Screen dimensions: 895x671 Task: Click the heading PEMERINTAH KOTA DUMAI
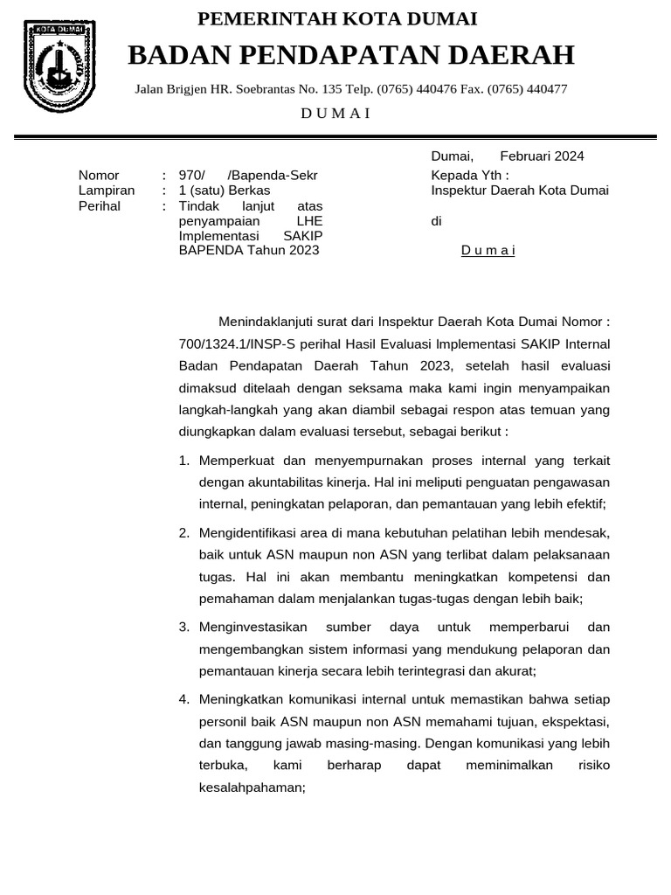[x=337, y=19]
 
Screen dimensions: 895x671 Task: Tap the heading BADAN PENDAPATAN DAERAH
[x=350, y=55]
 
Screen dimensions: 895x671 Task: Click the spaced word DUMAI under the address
[x=336, y=113]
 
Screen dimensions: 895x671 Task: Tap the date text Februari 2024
[x=542, y=156]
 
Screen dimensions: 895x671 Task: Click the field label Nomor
[x=99, y=175]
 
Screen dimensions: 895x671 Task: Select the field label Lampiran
[x=107, y=191]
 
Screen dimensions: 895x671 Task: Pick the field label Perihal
[x=100, y=206]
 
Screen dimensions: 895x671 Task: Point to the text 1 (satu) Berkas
[x=225, y=191]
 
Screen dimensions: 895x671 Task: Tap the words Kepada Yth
[x=470, y=175]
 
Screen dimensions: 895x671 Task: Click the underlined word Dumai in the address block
[x=488, y=251]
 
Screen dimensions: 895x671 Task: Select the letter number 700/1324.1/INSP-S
[x=233, y=343]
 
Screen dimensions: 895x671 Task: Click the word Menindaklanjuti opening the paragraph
[x=271, y=321]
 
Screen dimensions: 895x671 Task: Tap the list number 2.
[x=184, y=532]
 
